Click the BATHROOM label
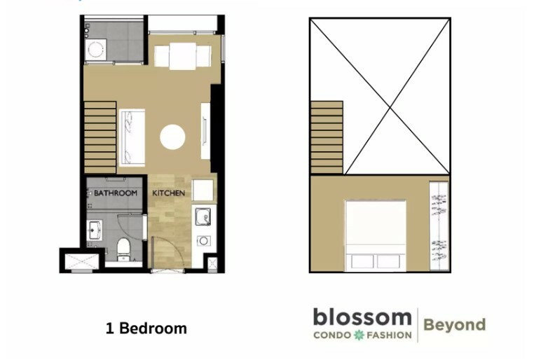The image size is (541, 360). click(x=116, y=193)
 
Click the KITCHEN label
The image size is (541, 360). click(x=169, y=193)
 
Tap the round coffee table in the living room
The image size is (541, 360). click(x=172, y=137)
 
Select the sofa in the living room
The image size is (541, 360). click(x=132, y=137)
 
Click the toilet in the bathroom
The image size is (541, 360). click(x=123, y=249)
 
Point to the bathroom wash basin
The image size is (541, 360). click(x=94, y=230)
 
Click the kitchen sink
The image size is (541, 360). click(x=203, y=216)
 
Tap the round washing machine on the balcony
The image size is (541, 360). click(x=96, y=49)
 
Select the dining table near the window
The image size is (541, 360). click(x=182, y=56)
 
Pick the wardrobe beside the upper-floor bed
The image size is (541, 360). click(x=439, y=226)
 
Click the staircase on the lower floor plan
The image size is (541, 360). click(x=100, y=137)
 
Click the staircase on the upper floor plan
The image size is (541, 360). click(x=327, y=137)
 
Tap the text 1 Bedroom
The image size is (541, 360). click(x=146, y=328)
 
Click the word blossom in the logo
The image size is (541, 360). click(x=362, y=317)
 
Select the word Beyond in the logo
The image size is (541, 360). click(x=454, y=325)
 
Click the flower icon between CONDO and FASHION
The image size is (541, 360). click(x=359, y=335)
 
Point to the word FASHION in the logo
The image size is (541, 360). click(x=389, y=335)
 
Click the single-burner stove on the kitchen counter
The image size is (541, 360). click(x=203, y=241)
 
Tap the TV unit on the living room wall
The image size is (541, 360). click(x=205, y=131)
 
